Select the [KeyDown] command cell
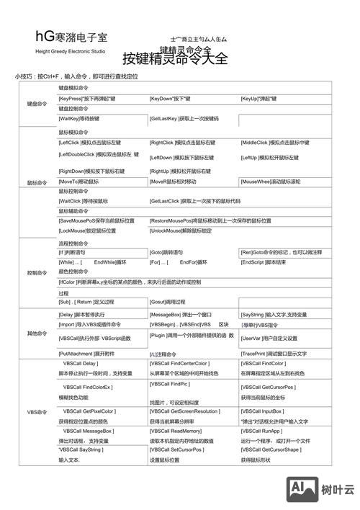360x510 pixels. coord(170,98)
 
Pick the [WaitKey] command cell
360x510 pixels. coord(79,118)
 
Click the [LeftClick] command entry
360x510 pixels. coord(90,143)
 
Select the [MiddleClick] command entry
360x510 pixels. coord(275,143)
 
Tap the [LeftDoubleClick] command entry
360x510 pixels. coord(99,155)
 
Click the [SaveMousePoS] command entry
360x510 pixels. coord(96,220)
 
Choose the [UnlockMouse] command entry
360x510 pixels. coord(181,231)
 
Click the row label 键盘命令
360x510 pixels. coord(37,104)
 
